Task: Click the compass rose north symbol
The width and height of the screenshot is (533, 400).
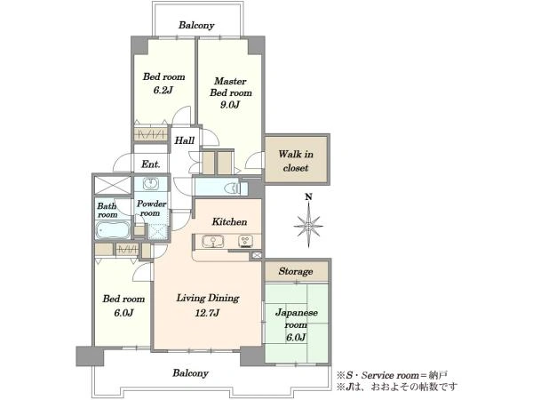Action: click(x=308, y=225)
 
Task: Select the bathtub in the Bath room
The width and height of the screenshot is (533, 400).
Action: click(x=113, y=230)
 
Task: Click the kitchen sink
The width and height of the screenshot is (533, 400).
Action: click(x=213, y=242)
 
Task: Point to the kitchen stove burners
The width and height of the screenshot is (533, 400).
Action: click(x=245, y=241)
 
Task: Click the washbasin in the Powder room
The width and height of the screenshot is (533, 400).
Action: click(x=150, y=184)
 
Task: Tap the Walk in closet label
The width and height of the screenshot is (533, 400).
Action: click(x=296, y=161)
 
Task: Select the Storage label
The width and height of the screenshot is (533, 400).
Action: click(x=296, y=271)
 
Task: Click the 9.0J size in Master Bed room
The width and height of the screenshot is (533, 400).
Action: click(x=230, y=104)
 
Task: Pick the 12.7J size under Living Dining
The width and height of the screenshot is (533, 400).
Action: click(x=207, y=312)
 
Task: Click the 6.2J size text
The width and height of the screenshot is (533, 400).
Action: click(x=163, y=90)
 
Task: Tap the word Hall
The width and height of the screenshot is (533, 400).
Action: click(x=185, y=140)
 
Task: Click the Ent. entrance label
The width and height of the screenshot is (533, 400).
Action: click(x=151, y=164)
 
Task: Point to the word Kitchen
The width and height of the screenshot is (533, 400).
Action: click(x=229, y=221)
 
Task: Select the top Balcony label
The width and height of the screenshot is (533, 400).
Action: click(x=196, y=25)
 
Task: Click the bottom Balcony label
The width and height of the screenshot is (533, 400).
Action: click(x=190, y=373)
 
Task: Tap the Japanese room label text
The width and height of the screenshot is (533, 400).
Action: click(x=297, y=319)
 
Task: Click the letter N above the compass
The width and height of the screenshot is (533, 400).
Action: click(x=308, y=196)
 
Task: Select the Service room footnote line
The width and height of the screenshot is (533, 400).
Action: click(x=392, y=375)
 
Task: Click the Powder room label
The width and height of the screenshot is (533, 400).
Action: click(x=151, y=209)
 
